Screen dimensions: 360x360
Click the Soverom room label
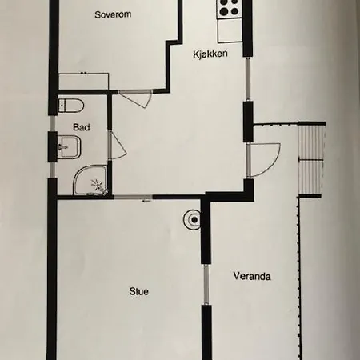coord(113,14)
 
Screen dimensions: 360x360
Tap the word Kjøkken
coord(210,54)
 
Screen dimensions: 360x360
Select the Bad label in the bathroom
coord(82,127)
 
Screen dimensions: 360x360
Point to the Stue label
coord(138,291)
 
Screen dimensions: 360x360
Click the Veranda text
coord(252,276)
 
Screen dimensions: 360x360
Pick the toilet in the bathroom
coord(71,106)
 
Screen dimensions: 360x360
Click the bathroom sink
coord(69,147)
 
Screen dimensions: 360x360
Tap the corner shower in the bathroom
coord(90,180)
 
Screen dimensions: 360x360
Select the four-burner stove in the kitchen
coord(229,9)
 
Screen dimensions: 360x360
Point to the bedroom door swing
coord(135,99)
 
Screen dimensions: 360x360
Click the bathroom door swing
coord(117,145)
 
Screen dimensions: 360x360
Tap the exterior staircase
coord(311,159)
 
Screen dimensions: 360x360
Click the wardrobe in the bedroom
coord(83,81)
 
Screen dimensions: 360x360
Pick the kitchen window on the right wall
coord(248,79)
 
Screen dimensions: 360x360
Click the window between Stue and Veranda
coord(206,285)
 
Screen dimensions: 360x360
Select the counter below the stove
coord(230,30)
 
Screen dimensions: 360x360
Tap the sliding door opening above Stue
coord(133,198)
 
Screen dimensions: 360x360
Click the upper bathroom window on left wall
coord(53,123)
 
